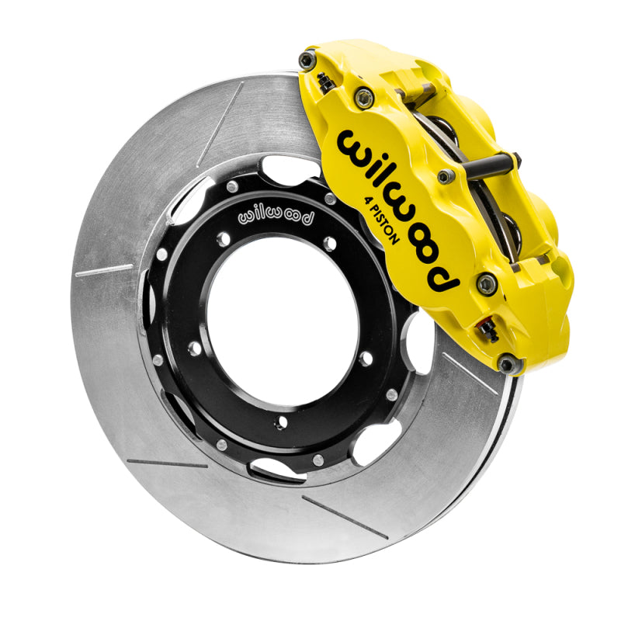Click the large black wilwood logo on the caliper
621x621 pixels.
396,210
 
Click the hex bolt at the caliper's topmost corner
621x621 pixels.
308,60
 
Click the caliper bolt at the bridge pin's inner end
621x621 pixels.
446,177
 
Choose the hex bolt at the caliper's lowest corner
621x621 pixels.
506,363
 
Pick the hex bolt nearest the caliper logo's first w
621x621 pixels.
363,98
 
